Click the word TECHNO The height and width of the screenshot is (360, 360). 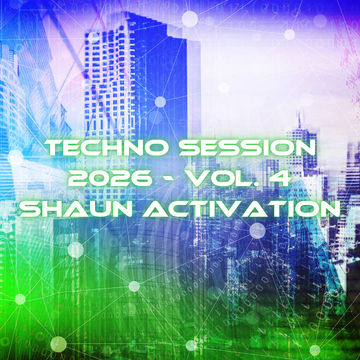pyautogui.click(x=107, y=148)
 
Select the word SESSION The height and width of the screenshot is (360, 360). pyautogui.click(x=247, y=148)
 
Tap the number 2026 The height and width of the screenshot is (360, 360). pyautogui.click(x=109, y=178)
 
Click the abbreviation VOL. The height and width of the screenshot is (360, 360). pyautogui.click(x=231, y=178)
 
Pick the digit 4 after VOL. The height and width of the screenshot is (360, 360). pyautogui.click(x=283, y=178)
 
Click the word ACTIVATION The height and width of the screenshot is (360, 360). pyautogui.click(x=244, y=209)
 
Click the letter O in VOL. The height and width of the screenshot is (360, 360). pyautogui.click(x=227, y=178)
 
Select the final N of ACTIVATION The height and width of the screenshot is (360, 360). pyautogui.click(x=331, y=209)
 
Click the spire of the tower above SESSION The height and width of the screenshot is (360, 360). pyautogui.click(x=299, y=121)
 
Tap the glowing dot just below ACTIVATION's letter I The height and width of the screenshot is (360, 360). pyautogui.click(x=257, y=231)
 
